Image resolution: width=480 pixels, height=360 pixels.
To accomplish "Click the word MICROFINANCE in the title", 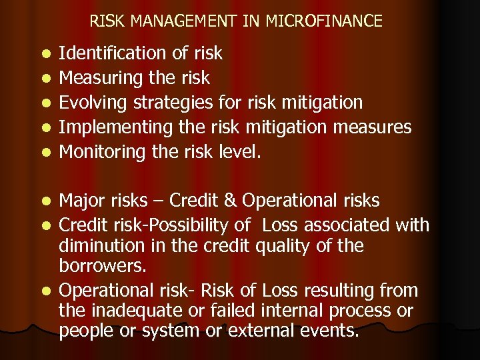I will click(324, 21).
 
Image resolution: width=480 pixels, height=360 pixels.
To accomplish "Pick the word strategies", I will click(181, 103).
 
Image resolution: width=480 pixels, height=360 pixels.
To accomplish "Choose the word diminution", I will click(105, 246).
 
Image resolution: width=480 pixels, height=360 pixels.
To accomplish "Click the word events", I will click(337, 330).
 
